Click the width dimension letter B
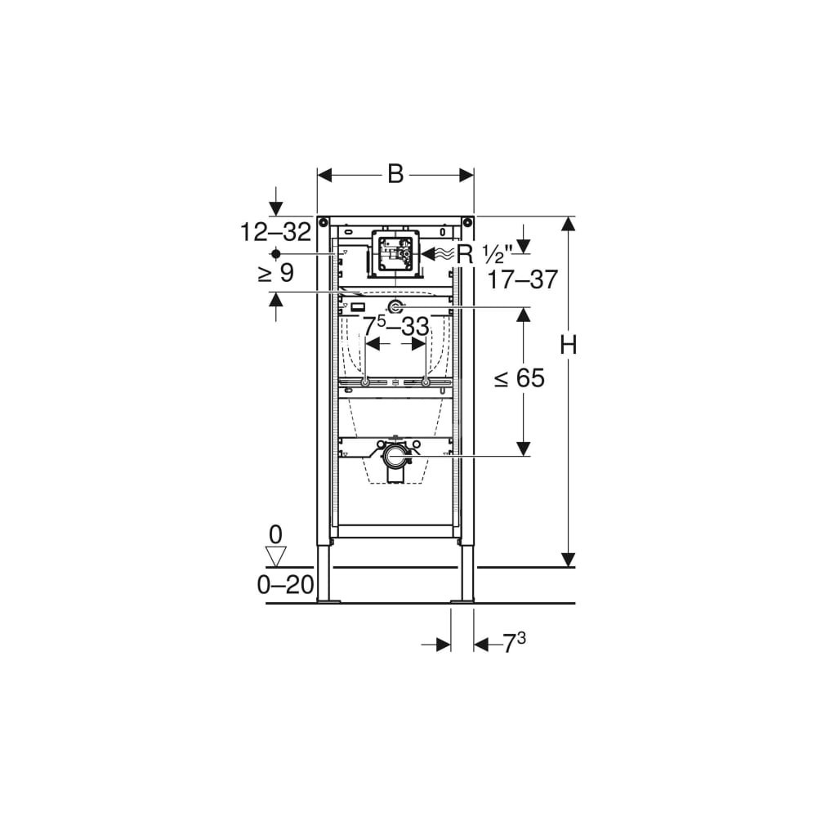pos(395,174)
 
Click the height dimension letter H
pos(569,345)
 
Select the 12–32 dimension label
pos(275,231)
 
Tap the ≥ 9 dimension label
pos(276,273)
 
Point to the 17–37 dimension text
pos(523,279)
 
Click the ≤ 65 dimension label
pos(520,377)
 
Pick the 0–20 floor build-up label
pos(285,585)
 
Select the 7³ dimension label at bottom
pos(514,644)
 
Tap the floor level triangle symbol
pos(276,556)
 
